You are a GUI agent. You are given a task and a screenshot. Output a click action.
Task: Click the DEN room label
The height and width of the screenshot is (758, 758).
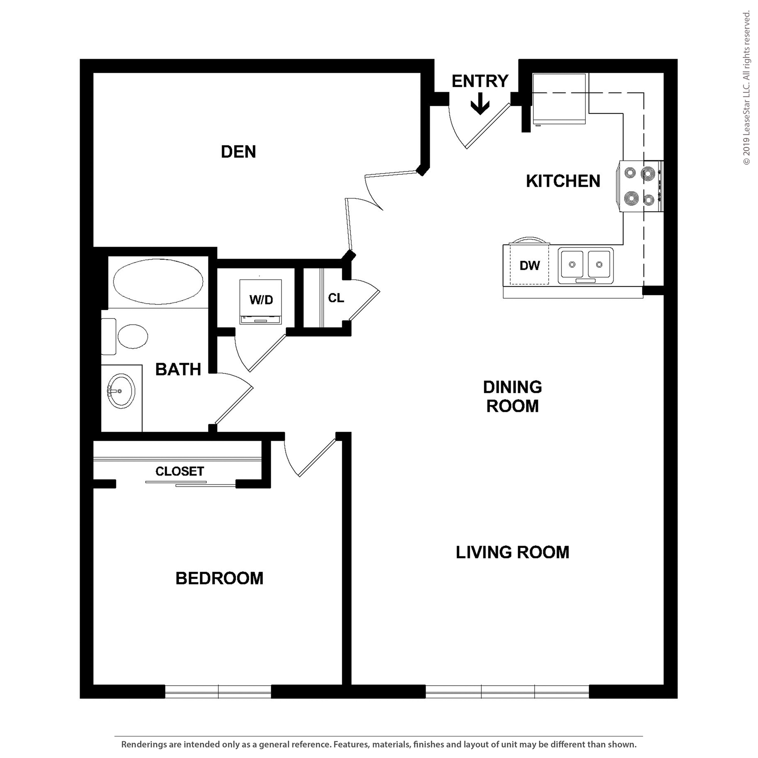[238, 152]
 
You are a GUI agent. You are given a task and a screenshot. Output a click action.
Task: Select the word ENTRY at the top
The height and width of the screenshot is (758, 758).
[480, 81]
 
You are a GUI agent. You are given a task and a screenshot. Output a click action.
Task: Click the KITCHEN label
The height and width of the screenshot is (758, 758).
[563, 181]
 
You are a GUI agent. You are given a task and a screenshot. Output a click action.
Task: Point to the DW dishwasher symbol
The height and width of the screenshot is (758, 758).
[529, 265]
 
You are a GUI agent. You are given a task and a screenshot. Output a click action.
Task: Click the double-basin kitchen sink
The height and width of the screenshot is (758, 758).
[585, 265]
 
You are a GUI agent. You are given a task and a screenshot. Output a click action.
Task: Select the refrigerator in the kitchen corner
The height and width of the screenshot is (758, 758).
[559, 99]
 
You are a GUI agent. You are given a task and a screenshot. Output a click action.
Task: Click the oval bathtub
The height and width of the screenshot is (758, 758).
[158, 281]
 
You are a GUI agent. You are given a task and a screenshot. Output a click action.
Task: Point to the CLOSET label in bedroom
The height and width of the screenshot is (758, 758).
[180, 471]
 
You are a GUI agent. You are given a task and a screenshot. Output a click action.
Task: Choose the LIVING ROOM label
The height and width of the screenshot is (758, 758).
[512, 552]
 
